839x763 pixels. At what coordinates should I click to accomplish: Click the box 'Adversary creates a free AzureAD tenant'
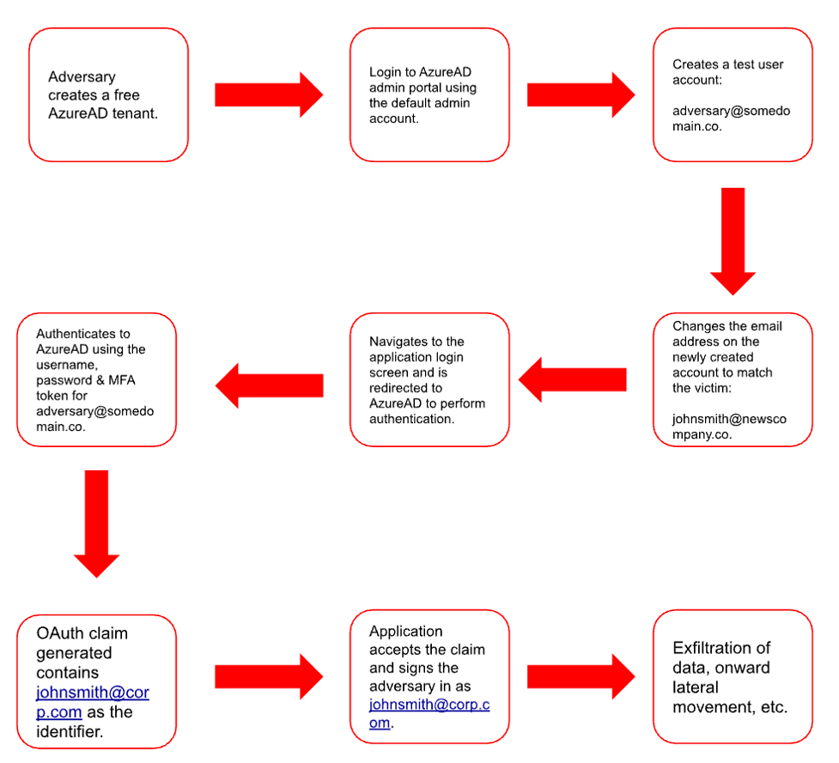click(x=108, y=94)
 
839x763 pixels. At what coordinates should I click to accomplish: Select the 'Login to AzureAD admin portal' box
click(x=429, y=94)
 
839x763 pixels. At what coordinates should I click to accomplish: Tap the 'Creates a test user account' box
click(x=733, y=94)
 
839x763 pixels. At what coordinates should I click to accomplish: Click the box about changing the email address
click(x=733, y=379)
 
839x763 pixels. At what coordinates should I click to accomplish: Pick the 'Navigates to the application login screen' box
click(x=429, y=379)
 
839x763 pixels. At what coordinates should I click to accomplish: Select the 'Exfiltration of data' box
click(x=733, y=676)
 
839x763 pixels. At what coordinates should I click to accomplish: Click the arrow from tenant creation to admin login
click(x=269, y=94)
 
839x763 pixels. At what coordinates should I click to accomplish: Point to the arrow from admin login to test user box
click(x=581, y=94)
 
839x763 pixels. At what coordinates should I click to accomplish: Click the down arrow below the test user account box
click(x=733, y=241)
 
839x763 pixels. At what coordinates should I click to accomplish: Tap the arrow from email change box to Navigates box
click(x=573, y=379)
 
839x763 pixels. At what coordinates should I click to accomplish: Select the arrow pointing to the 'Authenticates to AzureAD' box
click(x=269, y=385)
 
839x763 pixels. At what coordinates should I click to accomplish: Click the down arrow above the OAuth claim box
click(x=96, y=524)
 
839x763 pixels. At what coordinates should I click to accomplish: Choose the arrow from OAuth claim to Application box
click(x=269, y=676)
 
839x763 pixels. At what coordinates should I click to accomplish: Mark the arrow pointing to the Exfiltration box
click(x=581, y=676)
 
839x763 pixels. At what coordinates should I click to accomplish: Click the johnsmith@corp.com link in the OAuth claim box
click(x=93, y=702)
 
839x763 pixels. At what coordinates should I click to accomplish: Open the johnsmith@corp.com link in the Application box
click(x=429, y=713)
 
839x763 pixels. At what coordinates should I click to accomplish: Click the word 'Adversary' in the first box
click(x=82, y=77)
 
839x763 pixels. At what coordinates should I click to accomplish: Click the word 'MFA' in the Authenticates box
click(x=122, y=380)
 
